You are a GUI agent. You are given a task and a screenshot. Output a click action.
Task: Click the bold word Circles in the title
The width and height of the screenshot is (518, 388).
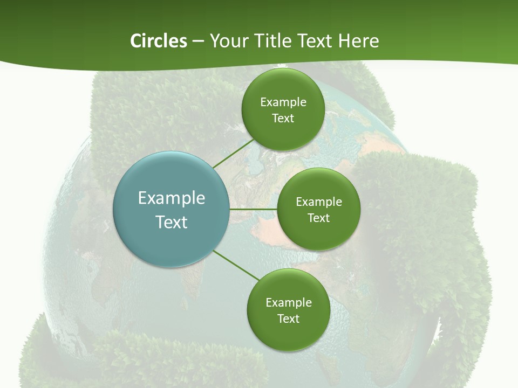pos(158,41)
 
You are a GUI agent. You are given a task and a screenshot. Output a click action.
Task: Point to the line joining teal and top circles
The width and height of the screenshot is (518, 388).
pos(233,154)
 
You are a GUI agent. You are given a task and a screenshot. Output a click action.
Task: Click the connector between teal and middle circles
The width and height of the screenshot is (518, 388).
pos(254,209)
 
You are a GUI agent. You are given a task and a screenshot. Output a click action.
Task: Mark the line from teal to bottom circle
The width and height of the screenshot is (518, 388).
pos(236,265)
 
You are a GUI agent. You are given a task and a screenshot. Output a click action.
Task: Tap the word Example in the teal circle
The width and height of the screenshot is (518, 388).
pos(172,198)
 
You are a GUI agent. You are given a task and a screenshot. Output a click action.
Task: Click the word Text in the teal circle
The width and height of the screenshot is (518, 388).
pos(172,222)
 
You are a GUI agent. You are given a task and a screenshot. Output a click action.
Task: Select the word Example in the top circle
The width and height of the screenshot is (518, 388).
pos(283,102)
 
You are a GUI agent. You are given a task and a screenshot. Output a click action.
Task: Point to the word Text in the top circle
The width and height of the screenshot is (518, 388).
pos(283,119)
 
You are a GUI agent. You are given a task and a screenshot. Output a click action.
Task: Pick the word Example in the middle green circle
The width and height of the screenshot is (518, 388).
pos(319,202)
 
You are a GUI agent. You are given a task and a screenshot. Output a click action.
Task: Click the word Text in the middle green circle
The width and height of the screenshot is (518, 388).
pos(319,218)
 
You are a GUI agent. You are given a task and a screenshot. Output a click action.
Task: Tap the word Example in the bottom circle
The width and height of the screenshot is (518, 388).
pos(289,303)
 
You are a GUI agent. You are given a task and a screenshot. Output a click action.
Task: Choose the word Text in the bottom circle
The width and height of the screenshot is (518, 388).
pos(289,319)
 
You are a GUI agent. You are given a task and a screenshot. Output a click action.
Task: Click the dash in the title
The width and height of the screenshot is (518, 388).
pos(198,41)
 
